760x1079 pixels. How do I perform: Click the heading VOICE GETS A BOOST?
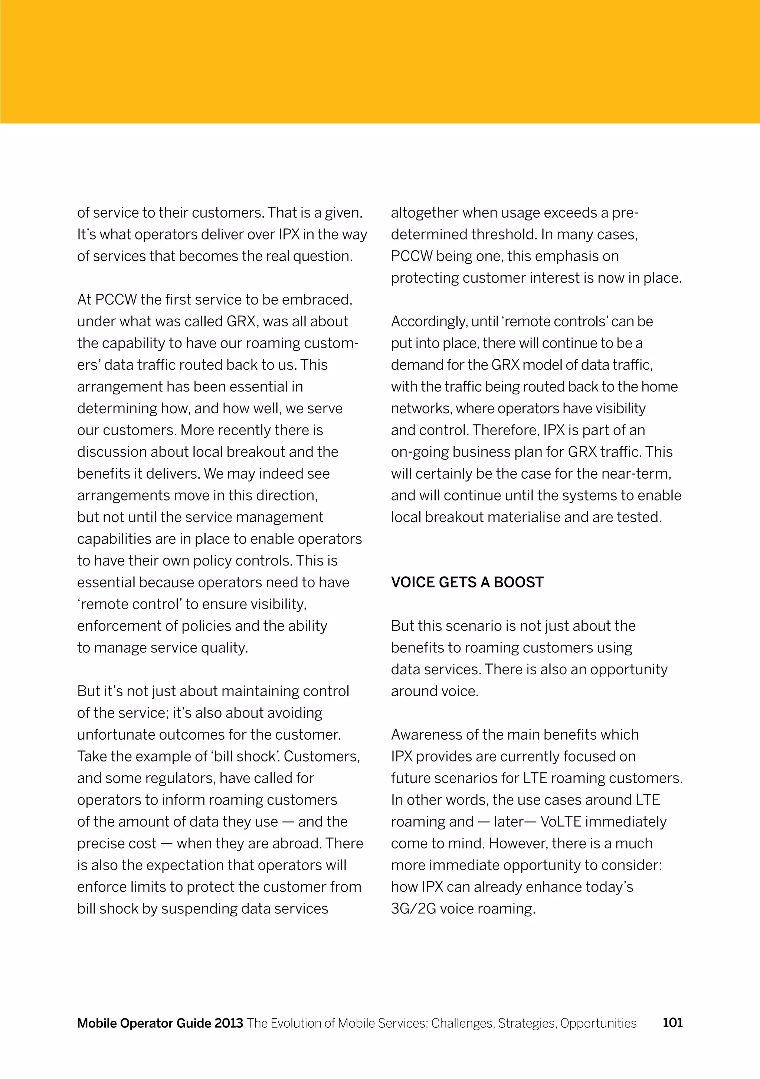pyautogui.click(x=467, y=582)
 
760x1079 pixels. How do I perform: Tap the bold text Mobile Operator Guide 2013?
pyautogui.click(x=160, y=1023)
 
